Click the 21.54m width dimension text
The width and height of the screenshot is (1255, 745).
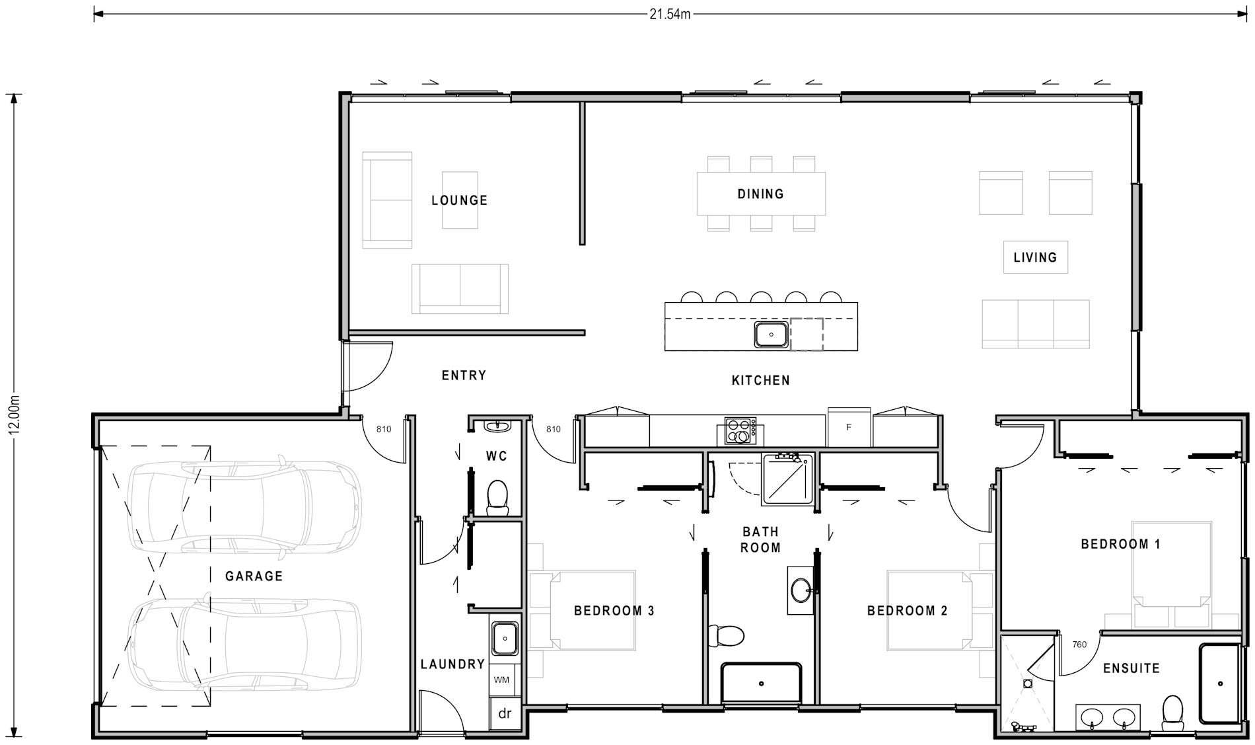(670, 14)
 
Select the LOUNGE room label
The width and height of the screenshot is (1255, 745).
(459, 200)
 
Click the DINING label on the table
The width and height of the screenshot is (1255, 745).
(760, 194)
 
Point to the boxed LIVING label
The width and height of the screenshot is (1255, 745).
(1034, 257)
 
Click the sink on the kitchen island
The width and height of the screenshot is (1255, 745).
(771, 334)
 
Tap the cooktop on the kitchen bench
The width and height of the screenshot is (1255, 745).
(740, 430)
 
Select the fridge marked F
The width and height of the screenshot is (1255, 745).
(849, 428)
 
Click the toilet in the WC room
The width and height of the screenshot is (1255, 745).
(497, 497)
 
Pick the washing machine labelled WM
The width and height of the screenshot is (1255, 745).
(501, 680)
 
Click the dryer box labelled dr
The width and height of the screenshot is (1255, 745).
(505, 713)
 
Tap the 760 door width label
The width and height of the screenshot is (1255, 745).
(1079, 645)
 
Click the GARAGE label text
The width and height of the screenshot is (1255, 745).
(254, 576)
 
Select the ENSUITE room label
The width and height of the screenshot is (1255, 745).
(1131, 668)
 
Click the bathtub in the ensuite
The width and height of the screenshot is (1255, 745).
(1220, 683)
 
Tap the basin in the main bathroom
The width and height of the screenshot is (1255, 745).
(801, 590)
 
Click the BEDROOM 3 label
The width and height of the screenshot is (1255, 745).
(614, 611)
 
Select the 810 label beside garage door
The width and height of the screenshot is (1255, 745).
(384, 429)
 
